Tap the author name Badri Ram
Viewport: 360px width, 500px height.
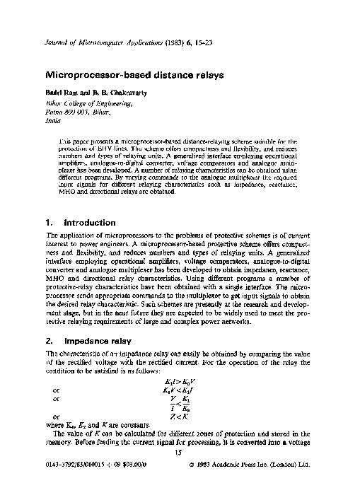tap(62, 93)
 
